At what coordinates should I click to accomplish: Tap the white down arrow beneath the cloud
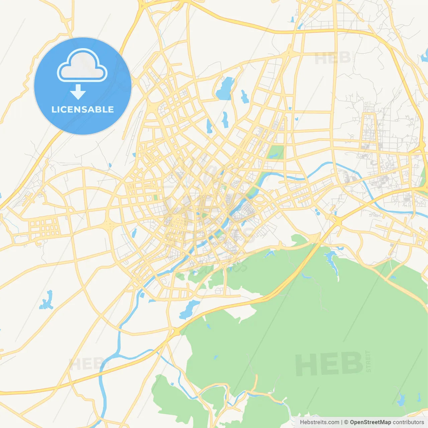click(x=78, y=92)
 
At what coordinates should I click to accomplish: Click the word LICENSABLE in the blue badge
click(x=83, y=109)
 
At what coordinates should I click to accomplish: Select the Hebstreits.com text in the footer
click(x=319, y=422)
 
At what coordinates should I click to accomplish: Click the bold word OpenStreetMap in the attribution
click(x=370, y=422)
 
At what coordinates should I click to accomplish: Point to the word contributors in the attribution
click(x=408, y=422)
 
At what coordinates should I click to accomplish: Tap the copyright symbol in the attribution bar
click(x=346, y=422)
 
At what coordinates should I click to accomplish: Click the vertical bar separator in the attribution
click(x=341, y=422)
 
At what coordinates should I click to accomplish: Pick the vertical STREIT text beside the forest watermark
click(x=368, y=361)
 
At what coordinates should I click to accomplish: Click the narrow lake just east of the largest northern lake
click(x=245, y=96)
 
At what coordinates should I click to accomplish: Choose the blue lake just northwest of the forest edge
click(x=189, y=309)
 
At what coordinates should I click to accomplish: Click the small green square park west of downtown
click(x=155, y=197)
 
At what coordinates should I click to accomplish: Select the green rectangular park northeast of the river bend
click(x=276, y=152)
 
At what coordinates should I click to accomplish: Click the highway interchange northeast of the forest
click(x=337, y=221)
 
